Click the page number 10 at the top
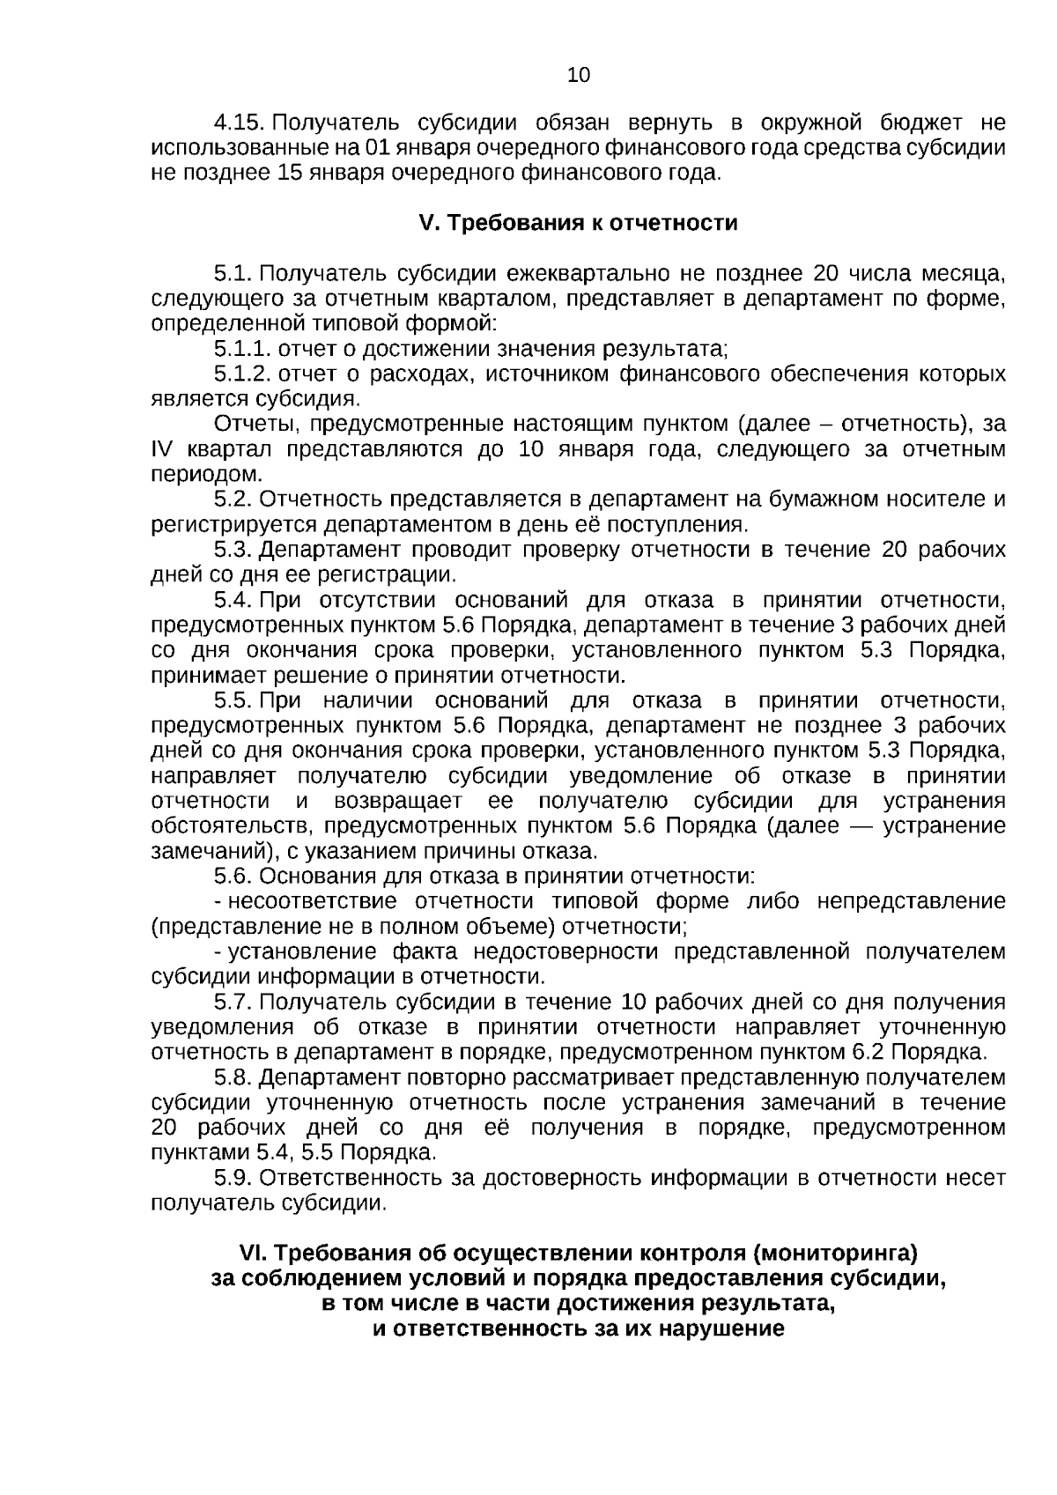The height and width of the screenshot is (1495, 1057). click(579, 75)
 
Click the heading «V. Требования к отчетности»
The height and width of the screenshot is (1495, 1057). click(578, 223)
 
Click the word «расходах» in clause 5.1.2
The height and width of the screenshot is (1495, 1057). click(413, 374)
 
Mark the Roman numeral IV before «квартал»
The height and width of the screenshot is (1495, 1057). click(163, 450)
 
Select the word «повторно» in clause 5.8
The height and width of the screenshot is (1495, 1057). click(447, 1078)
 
